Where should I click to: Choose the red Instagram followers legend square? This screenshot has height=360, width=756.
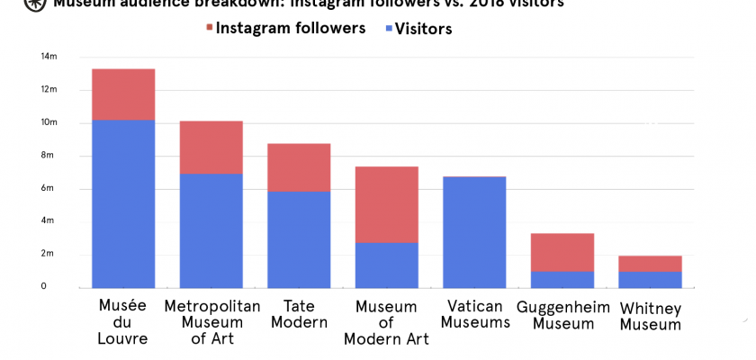tap(210, 28)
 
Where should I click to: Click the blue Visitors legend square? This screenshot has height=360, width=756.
tap(388, 29)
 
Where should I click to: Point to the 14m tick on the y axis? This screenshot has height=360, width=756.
tap(49, 57)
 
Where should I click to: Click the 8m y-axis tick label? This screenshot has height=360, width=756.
tap(50, 156)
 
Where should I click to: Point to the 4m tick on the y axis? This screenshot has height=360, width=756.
tap(50, 221)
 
